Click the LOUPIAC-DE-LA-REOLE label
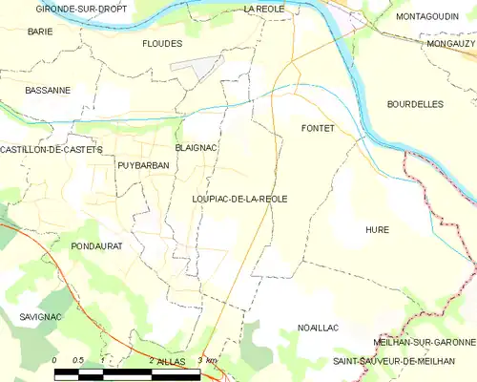[x=239, y=199]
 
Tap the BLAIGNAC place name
[x=197, y=148]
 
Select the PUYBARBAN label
[x=142, y=165]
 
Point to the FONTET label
[x=317, y=128]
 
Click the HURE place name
[x=377, y=230]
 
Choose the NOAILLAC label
[x=319, y=328]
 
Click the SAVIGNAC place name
[x=39, y=315]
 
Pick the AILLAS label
[x=171, y=362]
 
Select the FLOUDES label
[x=161, y=44]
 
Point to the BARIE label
[x=40, y=32]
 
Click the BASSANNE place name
[x=48, y=91]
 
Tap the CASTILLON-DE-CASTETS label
[x=51, y=150]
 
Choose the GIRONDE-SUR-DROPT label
[x=70, y=9]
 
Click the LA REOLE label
[x=264, y=9]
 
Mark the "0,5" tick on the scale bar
[x=79, y=360]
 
